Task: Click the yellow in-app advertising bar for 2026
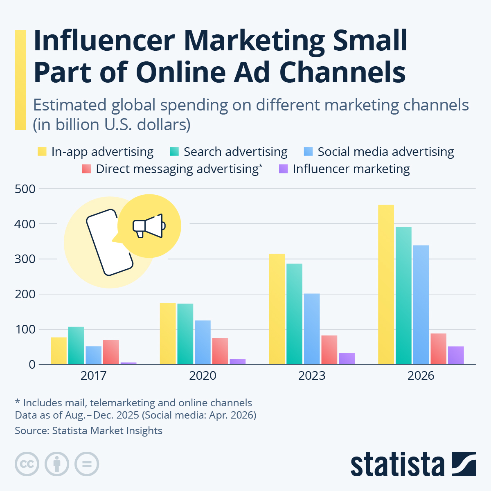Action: (386, 284)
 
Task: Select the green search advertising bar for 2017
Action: (76, 345)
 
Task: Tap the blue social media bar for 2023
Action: (312, 329)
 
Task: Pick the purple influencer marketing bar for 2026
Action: (456, 355)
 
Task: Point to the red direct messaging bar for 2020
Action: (220, 351)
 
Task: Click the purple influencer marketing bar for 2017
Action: (128, 363)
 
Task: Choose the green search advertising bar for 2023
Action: (294, 314)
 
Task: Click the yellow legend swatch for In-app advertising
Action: (42, 151)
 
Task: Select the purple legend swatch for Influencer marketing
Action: (283, 169)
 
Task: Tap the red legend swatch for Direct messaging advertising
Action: (86, 169)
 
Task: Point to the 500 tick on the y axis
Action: (25, 189)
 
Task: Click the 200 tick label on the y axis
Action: (25, 294)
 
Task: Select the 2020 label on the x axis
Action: (203, 376)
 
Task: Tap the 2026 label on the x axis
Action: (421, 376)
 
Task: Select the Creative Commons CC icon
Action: (27, 464)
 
